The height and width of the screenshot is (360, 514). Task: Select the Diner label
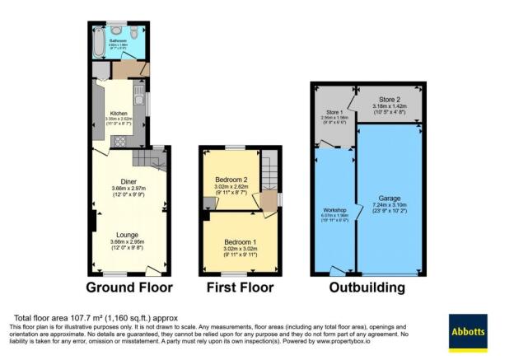128,181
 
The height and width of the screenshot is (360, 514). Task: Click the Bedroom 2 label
231,180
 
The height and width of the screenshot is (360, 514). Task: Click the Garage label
390,199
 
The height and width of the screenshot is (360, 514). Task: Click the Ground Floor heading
130,288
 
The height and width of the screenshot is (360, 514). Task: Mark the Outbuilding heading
367,288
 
